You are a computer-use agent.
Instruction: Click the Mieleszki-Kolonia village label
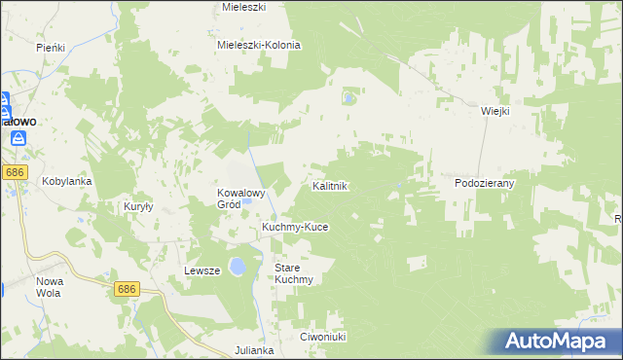point(259,45)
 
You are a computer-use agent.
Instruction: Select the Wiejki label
point(495,111)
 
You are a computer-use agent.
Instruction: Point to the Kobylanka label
point(65,181)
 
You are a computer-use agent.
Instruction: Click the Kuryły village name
point(140,206)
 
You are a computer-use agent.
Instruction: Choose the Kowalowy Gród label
point(241,198)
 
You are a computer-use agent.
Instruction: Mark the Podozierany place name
point(484,182)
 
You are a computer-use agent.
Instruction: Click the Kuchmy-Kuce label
point(295,227)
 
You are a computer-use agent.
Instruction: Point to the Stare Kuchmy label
point(293,272)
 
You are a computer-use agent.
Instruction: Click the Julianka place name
point(256,349)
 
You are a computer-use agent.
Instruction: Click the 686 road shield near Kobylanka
point(14,172)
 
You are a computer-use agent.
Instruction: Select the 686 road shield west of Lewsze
point(127,289)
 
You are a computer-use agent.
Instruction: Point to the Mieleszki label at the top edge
point(244,7)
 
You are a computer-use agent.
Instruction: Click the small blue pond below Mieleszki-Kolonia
point(348,97)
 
